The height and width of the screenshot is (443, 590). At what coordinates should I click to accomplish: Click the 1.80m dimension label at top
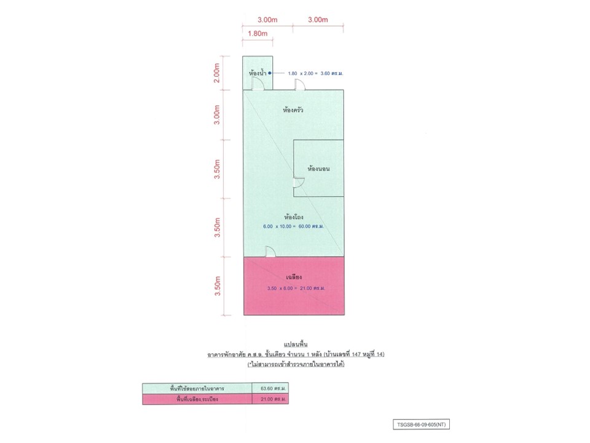pyautogui.click(x=258, y=33)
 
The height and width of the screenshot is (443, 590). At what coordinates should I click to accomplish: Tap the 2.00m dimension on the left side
pyautogui.click(x=217, y=73)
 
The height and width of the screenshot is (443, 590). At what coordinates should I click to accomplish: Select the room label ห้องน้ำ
pyautogui.click(x=258, y=73)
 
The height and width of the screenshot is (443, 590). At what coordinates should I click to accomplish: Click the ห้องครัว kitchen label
pyautogui.click(x=293, y=110)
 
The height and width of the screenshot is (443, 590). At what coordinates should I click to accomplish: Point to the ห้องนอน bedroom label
pyautogui.click(x=318, y=169)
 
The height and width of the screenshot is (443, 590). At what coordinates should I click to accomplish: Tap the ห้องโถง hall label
pyautogui.click(x=294, y=217)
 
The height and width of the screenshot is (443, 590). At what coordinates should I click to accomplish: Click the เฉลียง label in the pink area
pyautogui.click(x=294, y=277)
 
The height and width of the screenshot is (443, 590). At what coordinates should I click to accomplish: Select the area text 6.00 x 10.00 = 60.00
pyautogui.click(x=294, y=226)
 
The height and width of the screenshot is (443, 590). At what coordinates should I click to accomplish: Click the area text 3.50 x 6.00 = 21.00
pyautogui.click(x=296, y=288)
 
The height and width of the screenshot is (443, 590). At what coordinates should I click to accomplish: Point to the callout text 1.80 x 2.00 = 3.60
pyautogui.click(x=315, y=73)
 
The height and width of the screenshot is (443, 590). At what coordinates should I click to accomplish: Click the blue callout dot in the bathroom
pyautogui.click(x=270, y=73)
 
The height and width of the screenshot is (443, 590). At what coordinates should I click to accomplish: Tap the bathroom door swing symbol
pyautogui.click(x=258, y=84)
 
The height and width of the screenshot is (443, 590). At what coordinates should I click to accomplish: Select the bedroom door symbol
pyautogui.click(x=299, y=182)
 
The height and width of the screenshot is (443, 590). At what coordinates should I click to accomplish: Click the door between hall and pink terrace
pyautogui.click(x=270, y=252)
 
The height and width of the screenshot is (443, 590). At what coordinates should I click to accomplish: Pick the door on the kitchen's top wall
pyautogui.click(x=299, y=85)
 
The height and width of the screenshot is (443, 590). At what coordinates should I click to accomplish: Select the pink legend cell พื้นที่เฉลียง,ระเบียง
pyautogui.click(x=197, y=399)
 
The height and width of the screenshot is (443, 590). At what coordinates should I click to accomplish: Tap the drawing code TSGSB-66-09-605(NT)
pyautogui.click(x=422, y=425)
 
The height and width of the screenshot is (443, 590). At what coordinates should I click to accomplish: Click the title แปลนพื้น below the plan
pyautogui.click(x=296, y=345)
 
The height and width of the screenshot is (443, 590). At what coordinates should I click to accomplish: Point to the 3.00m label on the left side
pyautogui.click(x=217, y=115)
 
